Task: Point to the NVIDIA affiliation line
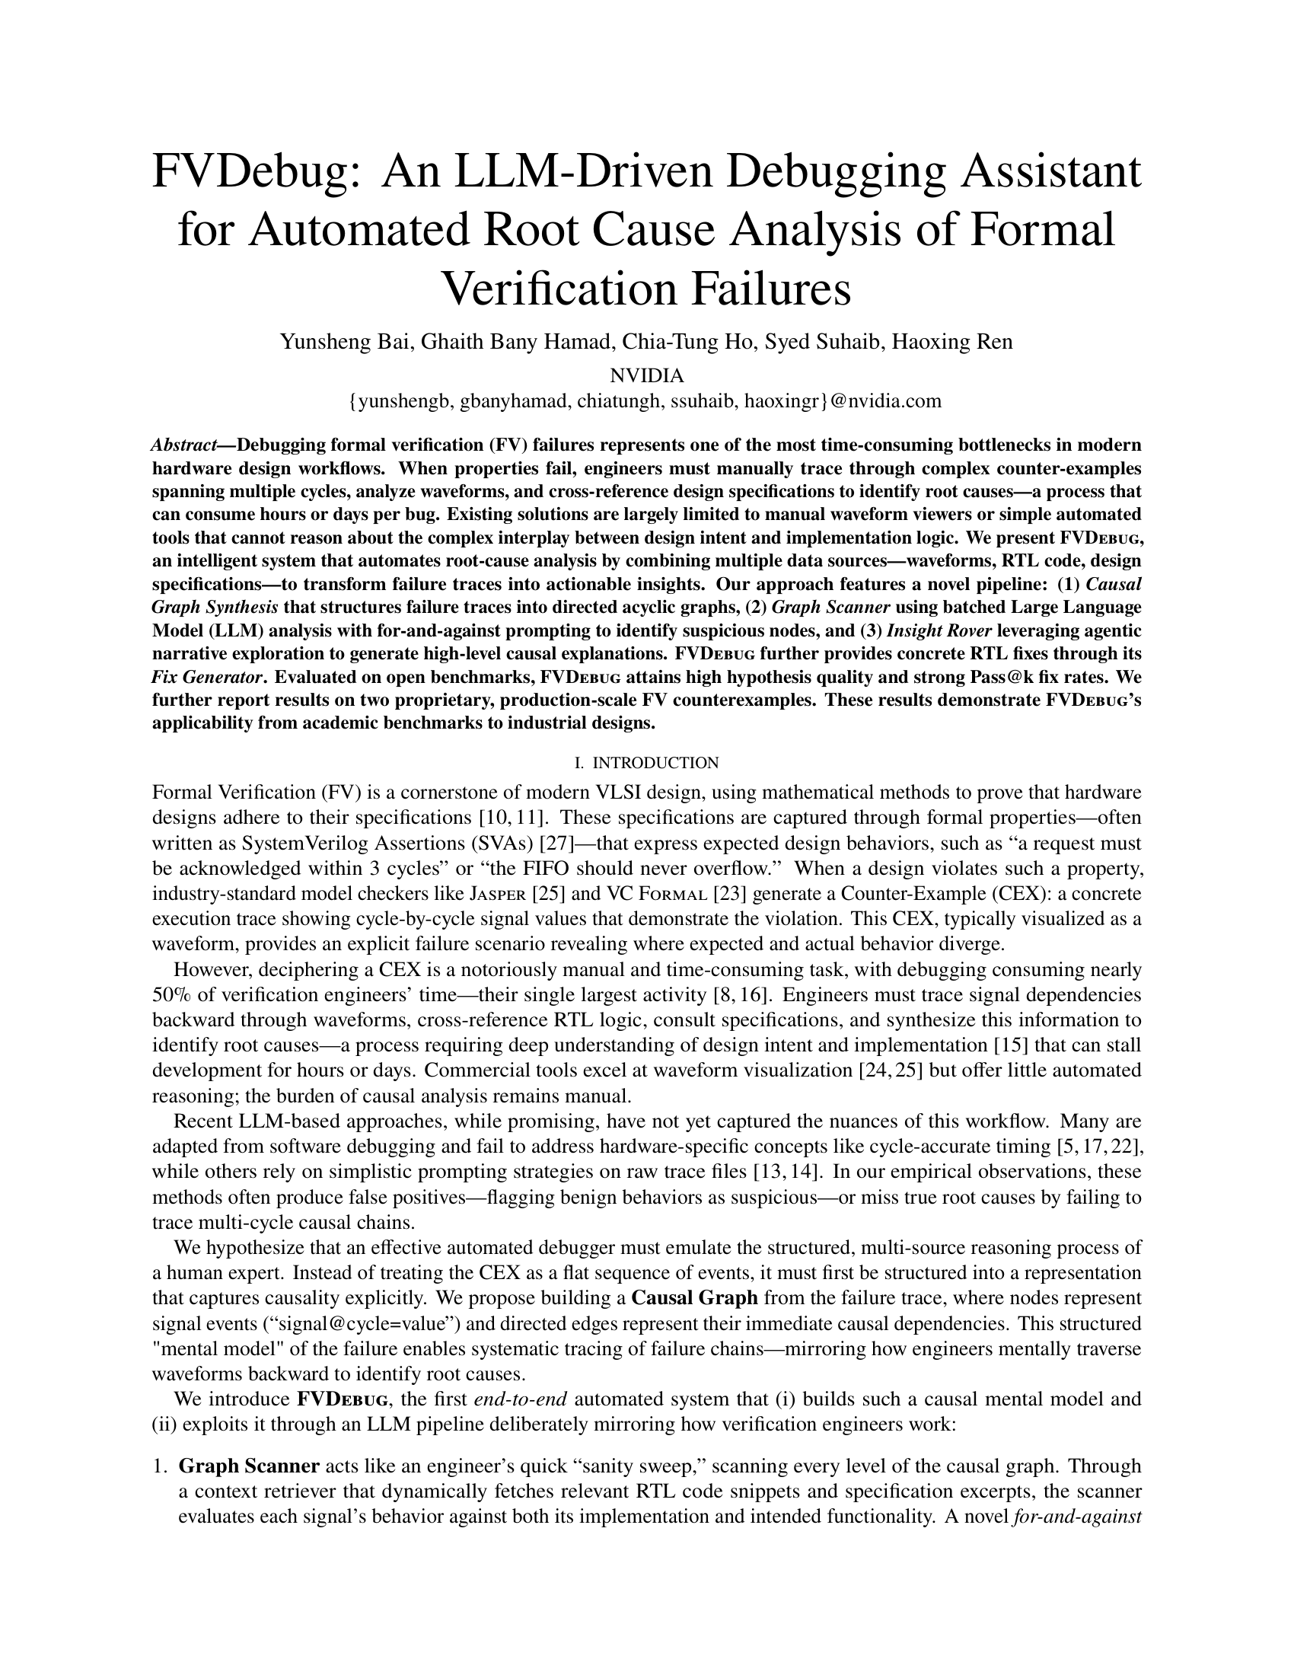click(646, 376)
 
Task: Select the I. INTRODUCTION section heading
click(646, 762)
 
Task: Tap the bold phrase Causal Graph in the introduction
click(694, 1297)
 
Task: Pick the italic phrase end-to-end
click(521, 1398)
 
